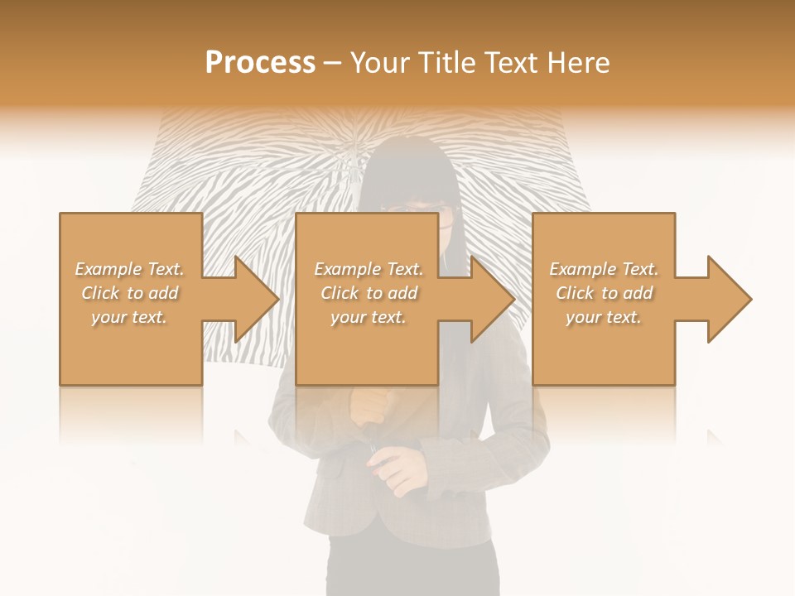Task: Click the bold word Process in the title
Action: tap(260, 63)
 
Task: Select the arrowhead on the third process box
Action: tap(729, 299)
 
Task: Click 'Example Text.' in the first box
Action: tap(129, 269)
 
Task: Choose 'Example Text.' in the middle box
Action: tap(369, 269)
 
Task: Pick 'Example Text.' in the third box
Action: tap(604, 269)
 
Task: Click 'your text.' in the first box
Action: tap(129, 317)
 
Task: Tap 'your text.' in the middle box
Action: tap(369, 317)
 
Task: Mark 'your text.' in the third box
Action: tap(604, 317)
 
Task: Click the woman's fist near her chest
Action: tap(370, 406)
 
